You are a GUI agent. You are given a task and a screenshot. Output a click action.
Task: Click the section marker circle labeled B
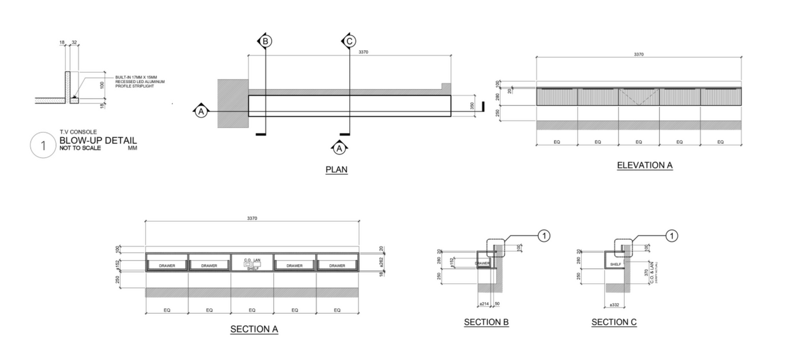[265, 41]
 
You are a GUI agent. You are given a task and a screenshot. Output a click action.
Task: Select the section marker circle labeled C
[349, 41]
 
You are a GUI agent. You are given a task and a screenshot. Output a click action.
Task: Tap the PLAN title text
[336, 170]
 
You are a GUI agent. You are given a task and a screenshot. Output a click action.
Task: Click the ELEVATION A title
[644, 165]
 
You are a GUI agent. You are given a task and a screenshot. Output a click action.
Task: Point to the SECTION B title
[486, 323]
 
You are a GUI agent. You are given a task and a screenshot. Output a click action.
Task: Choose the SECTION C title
[614, 323]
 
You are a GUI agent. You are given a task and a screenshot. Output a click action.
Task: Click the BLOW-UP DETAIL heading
[98, 141]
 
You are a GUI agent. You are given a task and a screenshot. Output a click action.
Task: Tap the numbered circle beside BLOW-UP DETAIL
[42, 146]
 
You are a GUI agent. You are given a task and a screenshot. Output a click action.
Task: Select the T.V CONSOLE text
[78, 132]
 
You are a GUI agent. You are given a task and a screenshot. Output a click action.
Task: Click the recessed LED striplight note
[140, 82]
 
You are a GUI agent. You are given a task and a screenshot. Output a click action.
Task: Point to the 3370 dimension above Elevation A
[639, 54]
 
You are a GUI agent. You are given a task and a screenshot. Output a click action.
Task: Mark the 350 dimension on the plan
[472, 106]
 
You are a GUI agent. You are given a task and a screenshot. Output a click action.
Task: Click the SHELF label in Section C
[616, 265]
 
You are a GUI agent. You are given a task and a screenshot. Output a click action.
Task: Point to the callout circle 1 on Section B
[544, 236]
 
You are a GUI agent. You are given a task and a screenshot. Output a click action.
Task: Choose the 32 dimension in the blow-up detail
[74, 42]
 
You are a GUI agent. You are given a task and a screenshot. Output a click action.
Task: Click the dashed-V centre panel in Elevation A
[639, 97]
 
